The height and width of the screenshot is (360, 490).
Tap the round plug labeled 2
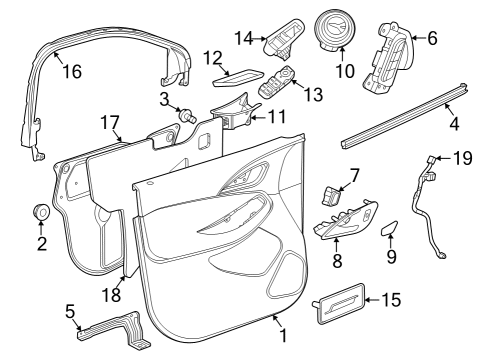(41, 213)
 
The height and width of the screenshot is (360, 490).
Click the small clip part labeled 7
(331, 193)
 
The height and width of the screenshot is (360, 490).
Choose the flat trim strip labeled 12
(240, 73)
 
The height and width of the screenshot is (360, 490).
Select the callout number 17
(110, 123)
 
